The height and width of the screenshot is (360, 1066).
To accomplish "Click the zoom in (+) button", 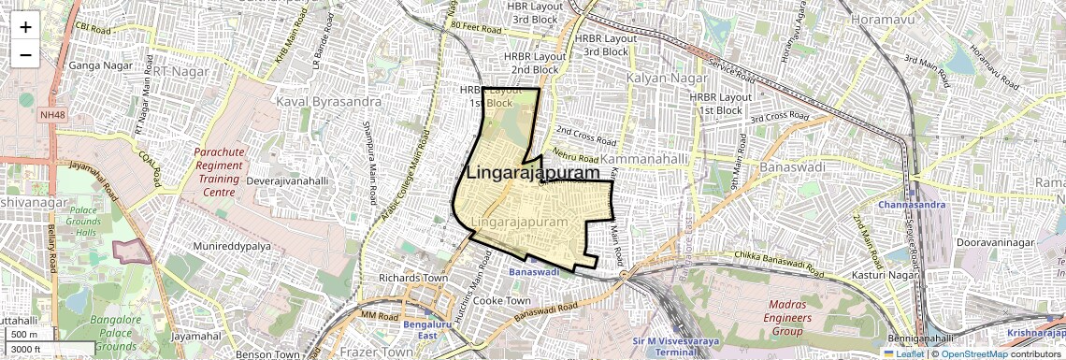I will [25, 26].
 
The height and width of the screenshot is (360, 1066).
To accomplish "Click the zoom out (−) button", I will [25, 54].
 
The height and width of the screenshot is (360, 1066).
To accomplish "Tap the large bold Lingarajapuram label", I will [532, 173].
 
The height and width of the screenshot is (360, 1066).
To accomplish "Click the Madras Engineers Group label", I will [799, 318].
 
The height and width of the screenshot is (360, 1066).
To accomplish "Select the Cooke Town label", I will [501, 301].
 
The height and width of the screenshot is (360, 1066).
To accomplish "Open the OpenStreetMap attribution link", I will [973, 353].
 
